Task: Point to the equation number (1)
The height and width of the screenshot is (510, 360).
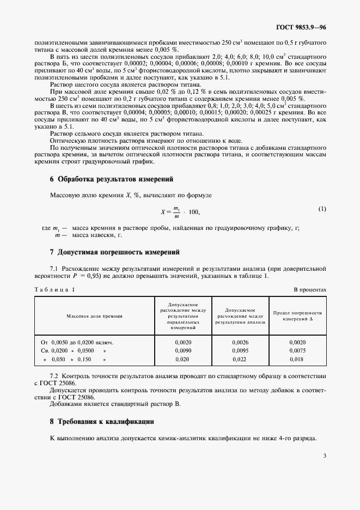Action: coord(322,209)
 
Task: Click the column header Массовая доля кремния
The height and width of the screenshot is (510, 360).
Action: coord(94,315)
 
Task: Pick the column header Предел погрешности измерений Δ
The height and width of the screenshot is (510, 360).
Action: coord(298,315)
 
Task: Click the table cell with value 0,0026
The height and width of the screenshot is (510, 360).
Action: coord(240,342)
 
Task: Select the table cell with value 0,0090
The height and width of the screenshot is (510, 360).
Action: coord(183,350)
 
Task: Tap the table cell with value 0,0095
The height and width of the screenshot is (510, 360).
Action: coord(240,350)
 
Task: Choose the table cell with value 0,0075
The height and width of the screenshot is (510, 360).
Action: coord(298,350)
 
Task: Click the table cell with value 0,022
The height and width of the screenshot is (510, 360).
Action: coord(240,360)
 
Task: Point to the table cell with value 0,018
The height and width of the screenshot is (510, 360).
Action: coord(298,360)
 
